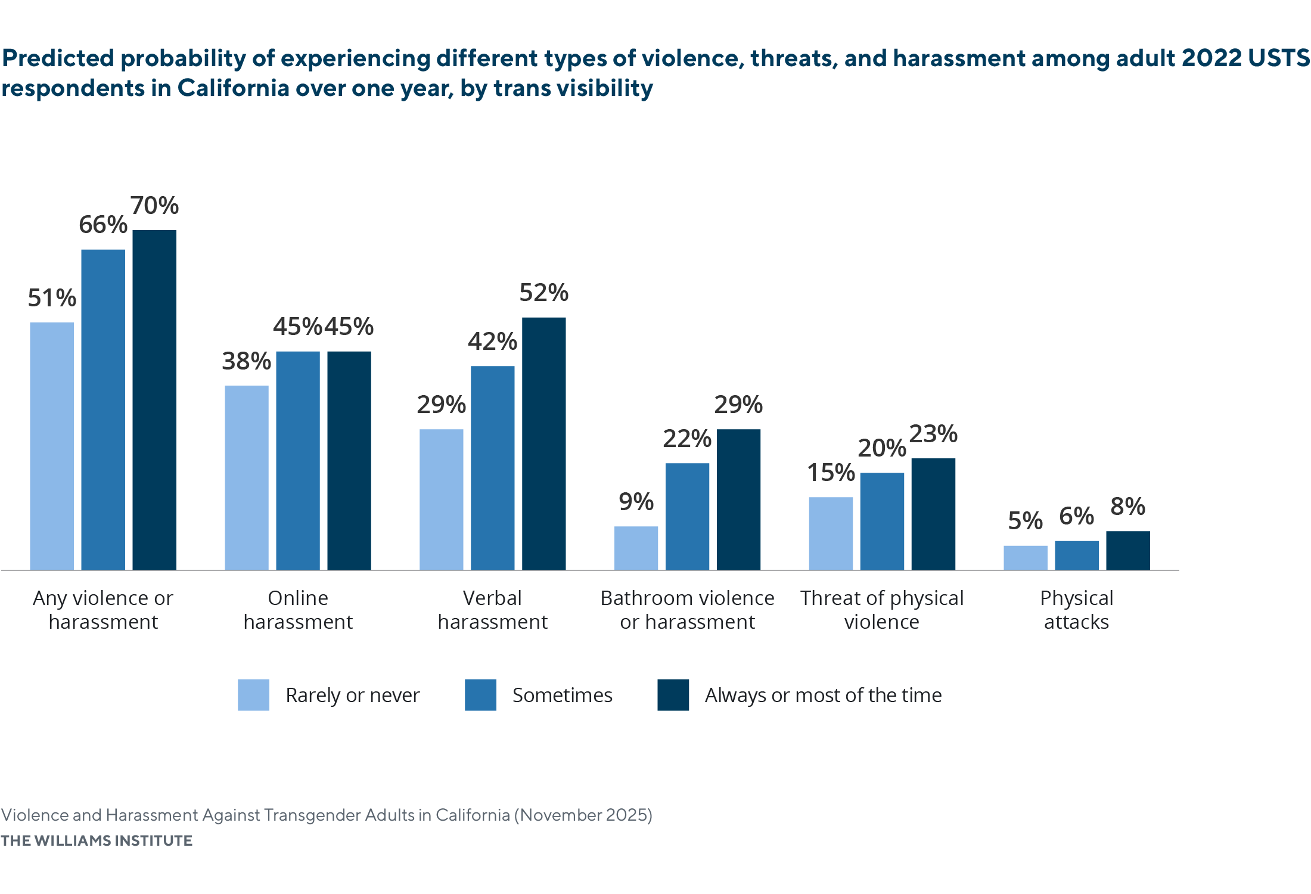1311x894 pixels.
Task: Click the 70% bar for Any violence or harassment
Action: coord(154,399)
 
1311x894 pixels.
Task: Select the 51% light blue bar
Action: coord(52,446)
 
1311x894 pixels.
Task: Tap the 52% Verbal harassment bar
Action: coord(543,443)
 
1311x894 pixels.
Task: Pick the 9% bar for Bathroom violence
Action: coord(636,548)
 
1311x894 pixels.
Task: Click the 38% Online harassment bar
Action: coord(247,477)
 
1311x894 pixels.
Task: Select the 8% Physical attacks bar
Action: coord(1128,550)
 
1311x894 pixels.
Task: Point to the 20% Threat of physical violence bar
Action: coord(882,521)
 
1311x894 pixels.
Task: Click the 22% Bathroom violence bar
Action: coord(687,516)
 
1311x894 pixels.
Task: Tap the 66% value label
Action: coord(103,225)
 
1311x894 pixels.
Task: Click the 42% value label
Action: coord(492,342)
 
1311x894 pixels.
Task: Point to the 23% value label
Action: coord(933,434)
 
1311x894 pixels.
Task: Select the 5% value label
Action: coord(1025,521)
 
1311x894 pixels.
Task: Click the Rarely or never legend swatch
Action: coord(253,695)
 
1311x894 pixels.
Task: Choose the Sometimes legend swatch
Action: coord(480,695)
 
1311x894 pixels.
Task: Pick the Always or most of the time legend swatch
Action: coord(673,695)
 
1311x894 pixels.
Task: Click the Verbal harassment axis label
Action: coord(492,610)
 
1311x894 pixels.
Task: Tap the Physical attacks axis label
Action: coord(1076,610)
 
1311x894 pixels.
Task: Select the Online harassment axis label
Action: coord(298,610)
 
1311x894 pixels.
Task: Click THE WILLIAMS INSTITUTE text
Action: coord(97,840)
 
